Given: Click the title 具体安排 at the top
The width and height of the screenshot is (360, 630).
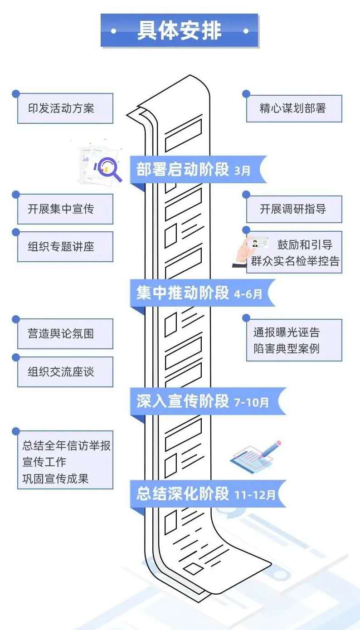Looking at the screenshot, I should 180,31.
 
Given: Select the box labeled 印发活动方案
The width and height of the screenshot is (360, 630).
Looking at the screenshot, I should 65,108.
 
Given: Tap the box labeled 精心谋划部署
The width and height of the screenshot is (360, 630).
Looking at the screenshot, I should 293,108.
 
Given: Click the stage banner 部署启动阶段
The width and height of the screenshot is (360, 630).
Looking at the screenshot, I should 183,169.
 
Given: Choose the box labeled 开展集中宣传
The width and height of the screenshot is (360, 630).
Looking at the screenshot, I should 65,209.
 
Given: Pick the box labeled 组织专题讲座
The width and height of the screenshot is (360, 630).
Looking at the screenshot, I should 65,246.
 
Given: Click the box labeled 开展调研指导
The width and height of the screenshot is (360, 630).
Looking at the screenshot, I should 293,209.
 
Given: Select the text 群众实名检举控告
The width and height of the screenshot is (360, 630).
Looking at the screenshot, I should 295,262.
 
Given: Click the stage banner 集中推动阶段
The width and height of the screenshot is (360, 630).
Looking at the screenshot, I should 183,293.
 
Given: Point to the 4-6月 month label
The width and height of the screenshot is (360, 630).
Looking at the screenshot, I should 248,294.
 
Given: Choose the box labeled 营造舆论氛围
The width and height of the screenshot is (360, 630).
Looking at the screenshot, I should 65,334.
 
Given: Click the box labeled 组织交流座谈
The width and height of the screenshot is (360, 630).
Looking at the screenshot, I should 65,371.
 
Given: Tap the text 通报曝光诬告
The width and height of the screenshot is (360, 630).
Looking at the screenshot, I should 287,332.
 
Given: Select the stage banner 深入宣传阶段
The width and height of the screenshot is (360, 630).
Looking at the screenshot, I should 183,401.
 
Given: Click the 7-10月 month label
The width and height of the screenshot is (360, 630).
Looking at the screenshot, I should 251,402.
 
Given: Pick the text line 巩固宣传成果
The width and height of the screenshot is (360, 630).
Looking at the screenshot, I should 55,478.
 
